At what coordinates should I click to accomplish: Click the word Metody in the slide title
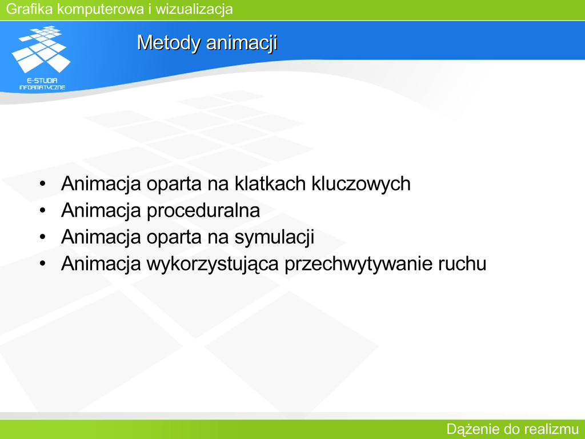point(169,42)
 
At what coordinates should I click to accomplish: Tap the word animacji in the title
point(242,42)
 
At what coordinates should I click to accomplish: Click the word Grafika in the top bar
point(30,9)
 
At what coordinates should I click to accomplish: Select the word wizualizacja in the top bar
point(194,9)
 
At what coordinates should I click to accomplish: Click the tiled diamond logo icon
point(41,49)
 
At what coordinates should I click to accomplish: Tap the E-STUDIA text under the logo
point(42,80)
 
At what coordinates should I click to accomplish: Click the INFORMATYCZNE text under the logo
point(42,87)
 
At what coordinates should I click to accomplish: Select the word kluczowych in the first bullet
point(361,183)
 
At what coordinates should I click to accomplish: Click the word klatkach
point(270,183)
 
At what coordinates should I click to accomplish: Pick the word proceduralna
point(203,210)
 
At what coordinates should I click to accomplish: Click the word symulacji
point(275,237)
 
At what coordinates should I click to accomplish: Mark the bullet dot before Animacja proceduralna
point(42,210)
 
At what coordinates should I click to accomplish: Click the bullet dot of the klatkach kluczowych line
point(42,183)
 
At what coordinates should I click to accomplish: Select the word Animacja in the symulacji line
point(101,237)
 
